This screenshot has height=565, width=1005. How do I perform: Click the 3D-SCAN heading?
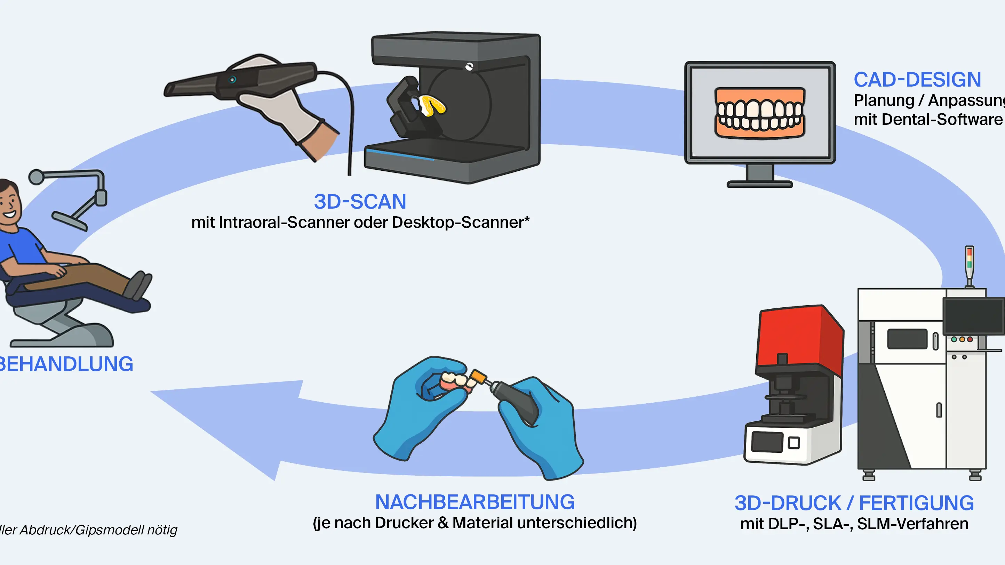(360, 202)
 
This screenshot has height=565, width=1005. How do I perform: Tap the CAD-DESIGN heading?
(917, 80)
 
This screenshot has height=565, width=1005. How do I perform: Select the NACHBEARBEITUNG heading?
(474, 502)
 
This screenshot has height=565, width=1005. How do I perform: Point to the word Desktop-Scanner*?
(460, 223)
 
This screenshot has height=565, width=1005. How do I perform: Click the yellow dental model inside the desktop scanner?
(432, 106)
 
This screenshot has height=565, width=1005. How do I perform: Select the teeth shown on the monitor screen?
(759, 113)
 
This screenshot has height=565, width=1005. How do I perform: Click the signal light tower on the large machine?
(969, 265)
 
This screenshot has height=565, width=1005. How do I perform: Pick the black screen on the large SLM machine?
(973, 316)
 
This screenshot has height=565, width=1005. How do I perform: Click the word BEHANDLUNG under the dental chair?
(66, 364)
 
